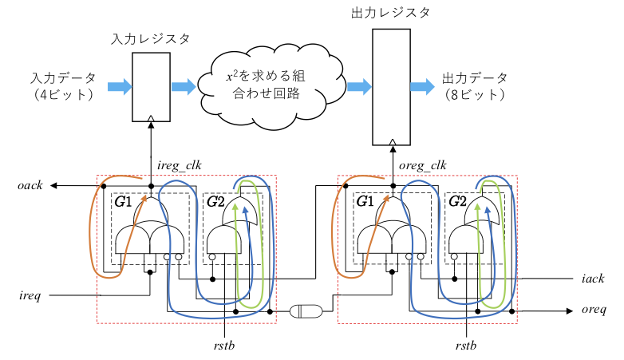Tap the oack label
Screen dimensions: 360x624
[x=30, y=186]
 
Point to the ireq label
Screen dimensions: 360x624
[x=30, y=295]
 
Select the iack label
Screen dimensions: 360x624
[x=593, y=279]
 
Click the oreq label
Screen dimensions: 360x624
[x=594, y=310]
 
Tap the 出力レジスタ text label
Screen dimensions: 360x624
[x=391, y=14]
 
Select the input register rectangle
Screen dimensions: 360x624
[x=151, y=87]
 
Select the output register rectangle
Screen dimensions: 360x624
[x=391, y=86]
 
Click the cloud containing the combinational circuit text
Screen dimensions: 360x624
[x=268, y=86]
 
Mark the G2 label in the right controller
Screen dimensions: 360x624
[x=457, y=201]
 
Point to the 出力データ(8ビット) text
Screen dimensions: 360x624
[x=474, y=86]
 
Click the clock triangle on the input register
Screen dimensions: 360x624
[x=151, y=118]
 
